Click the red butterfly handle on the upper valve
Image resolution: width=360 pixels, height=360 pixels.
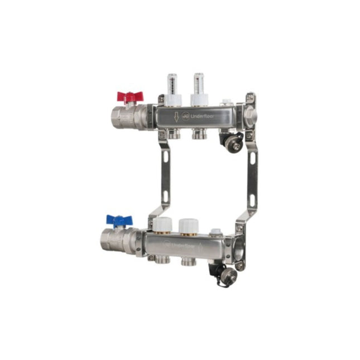click(x=129, y=96)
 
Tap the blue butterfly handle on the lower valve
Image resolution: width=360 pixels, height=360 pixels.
click(x=119, y=220)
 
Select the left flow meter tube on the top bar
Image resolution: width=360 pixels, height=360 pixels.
click(x=172, y=84)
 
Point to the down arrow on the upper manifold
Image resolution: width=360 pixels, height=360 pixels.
click(x=177, y=117)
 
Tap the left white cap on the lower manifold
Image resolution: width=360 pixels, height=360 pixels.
click(x=162, y=225)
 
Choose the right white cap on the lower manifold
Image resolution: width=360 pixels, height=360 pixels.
click(x=187, y=225)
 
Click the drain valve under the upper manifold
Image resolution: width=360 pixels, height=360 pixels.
click(x=235, y=142)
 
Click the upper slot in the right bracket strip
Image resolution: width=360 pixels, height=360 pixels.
click(x=252, y=158)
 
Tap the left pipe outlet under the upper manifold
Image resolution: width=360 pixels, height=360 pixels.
click(x=174, y=135)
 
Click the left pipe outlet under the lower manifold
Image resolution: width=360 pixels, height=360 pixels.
click(x=162, y=260)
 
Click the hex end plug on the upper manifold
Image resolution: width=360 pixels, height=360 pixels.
click(x=251, y=116)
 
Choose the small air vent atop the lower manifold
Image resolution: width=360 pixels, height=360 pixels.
click(x=215, y=232)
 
